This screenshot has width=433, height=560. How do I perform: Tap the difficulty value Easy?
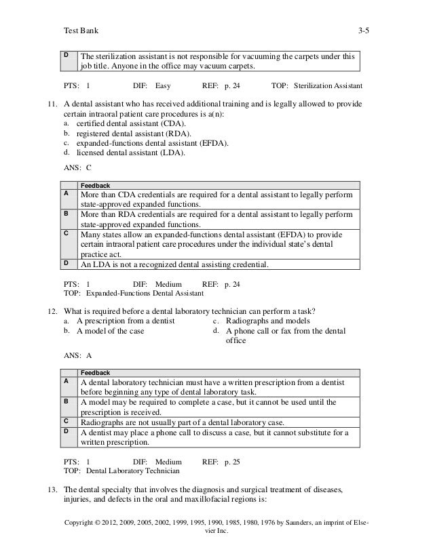(163, 87)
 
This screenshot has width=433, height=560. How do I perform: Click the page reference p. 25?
(232, 460)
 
